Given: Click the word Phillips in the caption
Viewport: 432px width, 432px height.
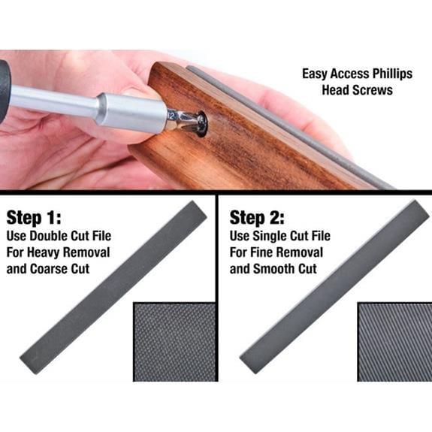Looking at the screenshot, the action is tap(392, 74).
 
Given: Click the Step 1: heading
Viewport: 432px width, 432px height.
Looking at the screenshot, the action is tap(34, 217).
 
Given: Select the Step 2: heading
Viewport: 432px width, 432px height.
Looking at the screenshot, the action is tap(257, 217).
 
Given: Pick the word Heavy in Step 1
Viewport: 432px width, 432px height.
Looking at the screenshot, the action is tap(46, 252).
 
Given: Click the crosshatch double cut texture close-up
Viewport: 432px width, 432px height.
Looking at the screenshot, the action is tap(175, 342).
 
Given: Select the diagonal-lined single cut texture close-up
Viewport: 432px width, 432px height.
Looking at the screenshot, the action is tap(394, 342).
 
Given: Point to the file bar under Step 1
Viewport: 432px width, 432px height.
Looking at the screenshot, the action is tap(113, 287).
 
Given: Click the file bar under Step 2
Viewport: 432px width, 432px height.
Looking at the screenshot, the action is tap(334, 287).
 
